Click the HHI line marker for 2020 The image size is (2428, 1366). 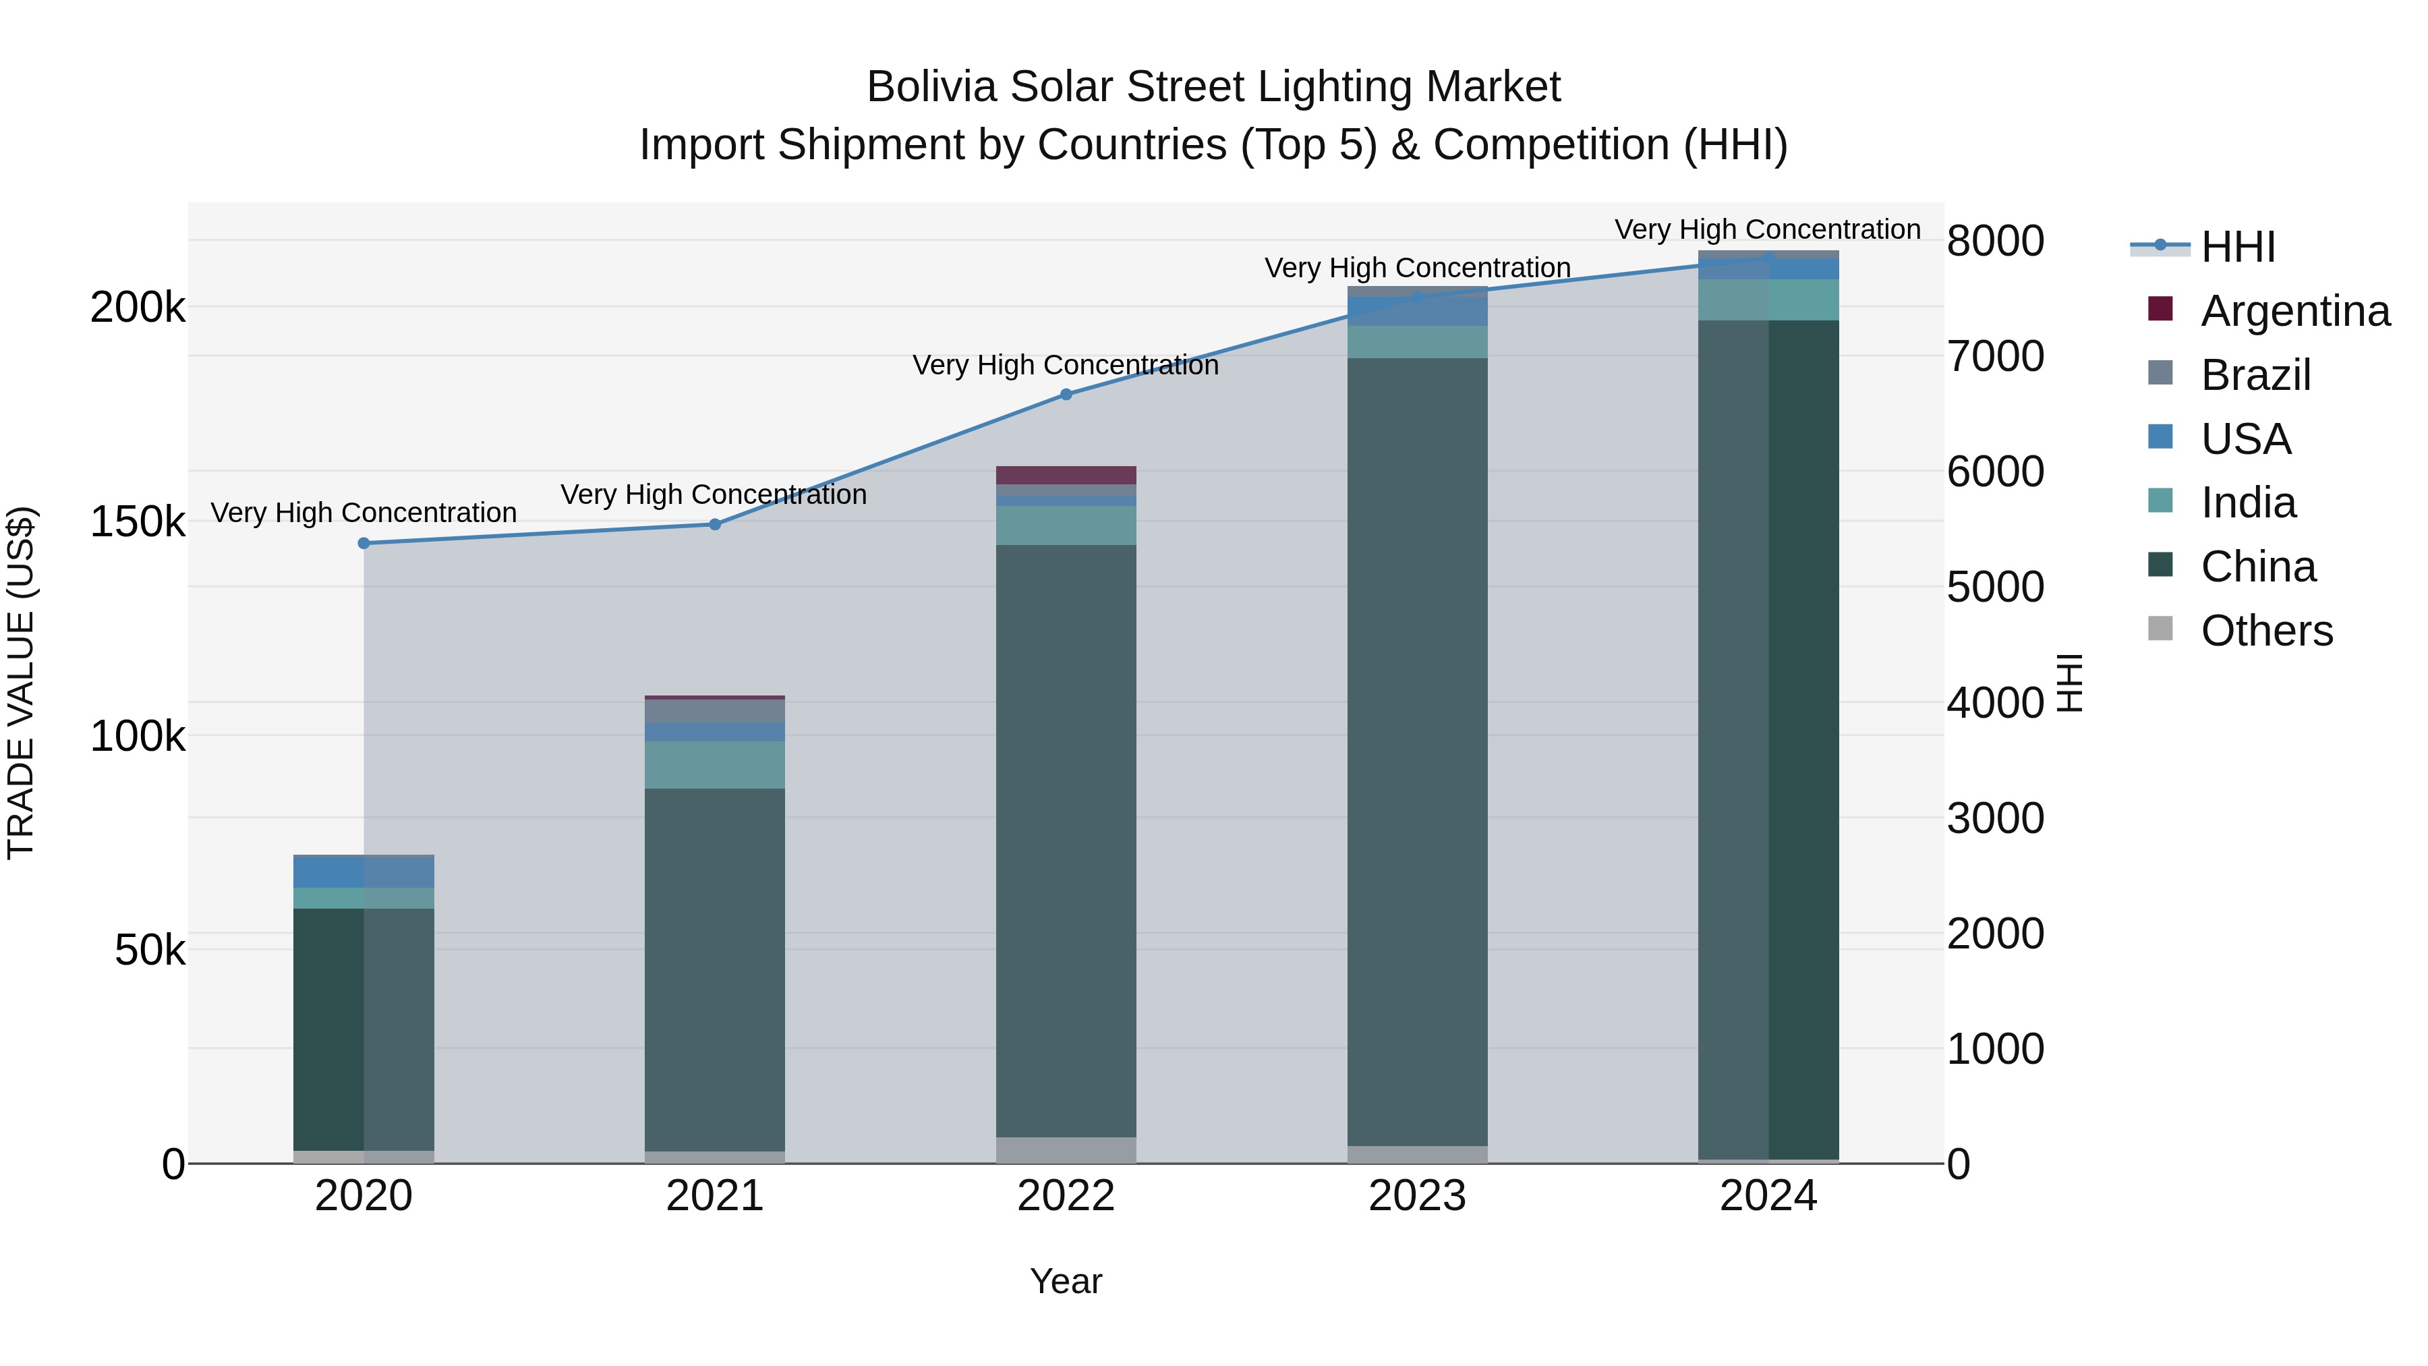coord(364,543)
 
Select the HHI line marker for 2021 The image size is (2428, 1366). coord(714,524)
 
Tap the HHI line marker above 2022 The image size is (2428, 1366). coord(1066,394)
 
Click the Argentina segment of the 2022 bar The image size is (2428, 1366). coord(1066,475)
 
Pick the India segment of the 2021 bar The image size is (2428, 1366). coord(714,764)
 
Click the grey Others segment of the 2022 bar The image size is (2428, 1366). coord(1066,1149)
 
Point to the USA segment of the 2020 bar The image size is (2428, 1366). coord(364,871)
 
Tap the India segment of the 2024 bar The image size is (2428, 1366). coord(1768,300)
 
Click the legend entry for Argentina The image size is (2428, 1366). coord(2294,311)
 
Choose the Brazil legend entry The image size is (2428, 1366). coord(2255,375)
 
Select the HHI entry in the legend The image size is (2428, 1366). coord(2238,247)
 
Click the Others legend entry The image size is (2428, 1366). coord(2266,631)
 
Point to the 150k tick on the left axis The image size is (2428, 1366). coord(138,521)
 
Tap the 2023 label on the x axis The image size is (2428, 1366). coord(1416,1196)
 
